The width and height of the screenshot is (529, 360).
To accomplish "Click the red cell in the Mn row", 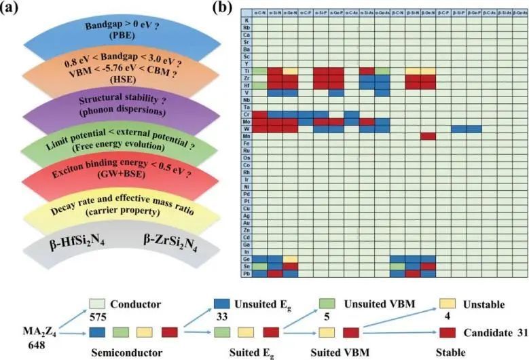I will (x=427, y=135).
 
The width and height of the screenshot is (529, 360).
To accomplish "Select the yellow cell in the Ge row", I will (x=290, y=259).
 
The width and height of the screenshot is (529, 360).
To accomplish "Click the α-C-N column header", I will (x=259, y=12).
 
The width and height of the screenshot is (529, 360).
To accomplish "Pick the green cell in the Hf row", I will (x=259, y=84).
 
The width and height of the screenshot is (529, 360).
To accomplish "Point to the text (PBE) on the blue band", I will (x=112, y=39).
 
